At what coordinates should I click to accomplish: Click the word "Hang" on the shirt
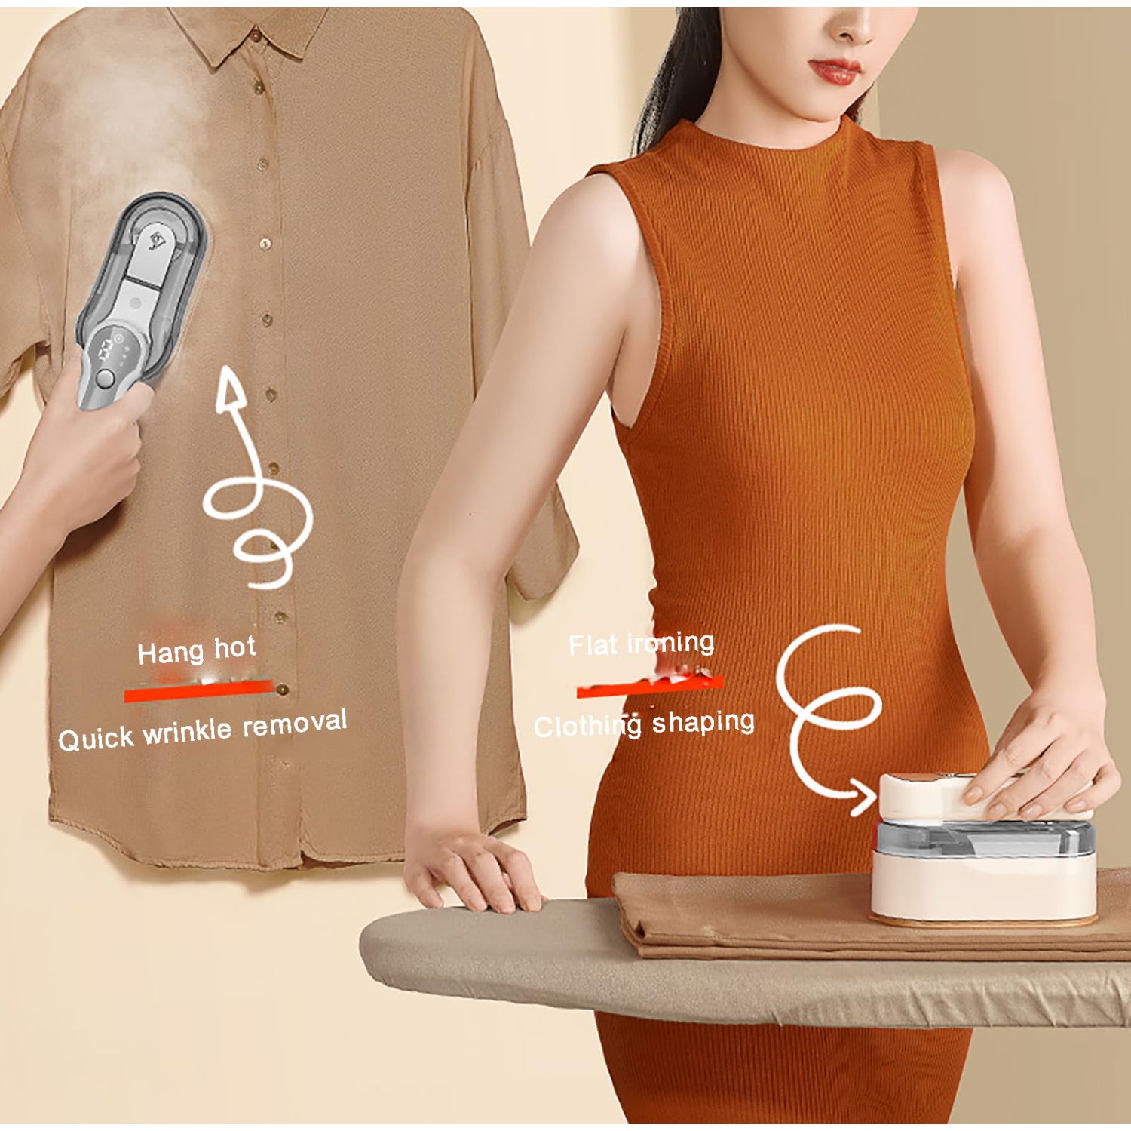(x=170, y=653)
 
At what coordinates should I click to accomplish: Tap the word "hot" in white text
(x=235, y=648)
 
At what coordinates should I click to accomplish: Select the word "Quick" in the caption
(x=96, y=739)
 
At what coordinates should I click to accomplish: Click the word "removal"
(x=295, y=723)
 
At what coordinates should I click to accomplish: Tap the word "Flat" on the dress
(x=593, y=645)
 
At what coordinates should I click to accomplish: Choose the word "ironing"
(x=671, y=643)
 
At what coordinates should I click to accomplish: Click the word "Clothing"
(x=587, y=727)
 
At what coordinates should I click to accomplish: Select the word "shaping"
(x=703, y=723)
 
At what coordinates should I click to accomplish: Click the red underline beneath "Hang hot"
(x=199, y=690)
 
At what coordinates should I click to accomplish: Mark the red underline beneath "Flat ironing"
(x=650, y=686)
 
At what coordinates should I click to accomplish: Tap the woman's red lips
(x=834, y=72)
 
